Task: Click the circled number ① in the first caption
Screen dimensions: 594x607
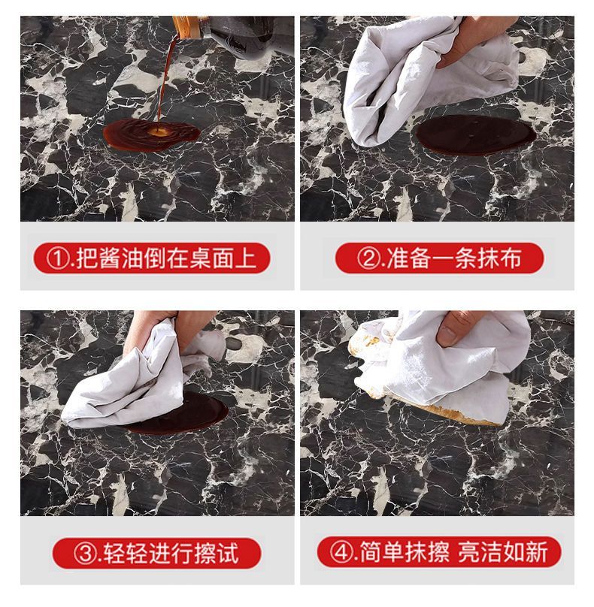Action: [58, 258]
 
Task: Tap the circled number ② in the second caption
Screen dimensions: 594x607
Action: [368, 258]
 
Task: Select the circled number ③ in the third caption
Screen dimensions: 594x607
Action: [85, 554]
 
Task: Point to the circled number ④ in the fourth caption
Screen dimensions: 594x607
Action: [341, 552]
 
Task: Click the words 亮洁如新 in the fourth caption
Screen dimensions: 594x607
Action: [503, 552]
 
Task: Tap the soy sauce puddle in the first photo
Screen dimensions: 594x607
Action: [152, 134]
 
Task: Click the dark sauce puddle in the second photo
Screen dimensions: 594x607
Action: [476, 134]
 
